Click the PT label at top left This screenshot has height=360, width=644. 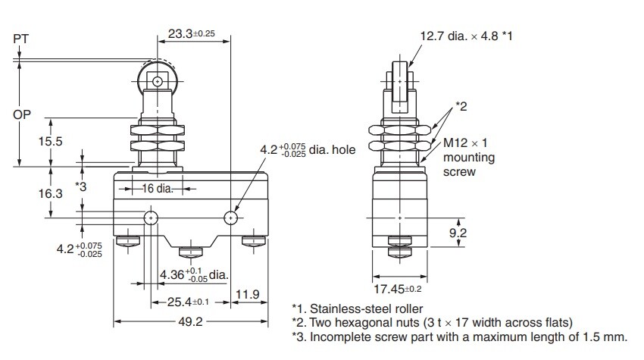(21, 39)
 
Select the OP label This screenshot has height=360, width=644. (22, 114)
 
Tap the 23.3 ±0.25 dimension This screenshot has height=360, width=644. (192, 33)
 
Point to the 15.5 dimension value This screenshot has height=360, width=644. (51, 142)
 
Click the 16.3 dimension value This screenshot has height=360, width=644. (51, 193)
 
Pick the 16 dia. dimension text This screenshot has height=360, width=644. (158, 189)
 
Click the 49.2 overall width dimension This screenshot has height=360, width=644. (191, 321)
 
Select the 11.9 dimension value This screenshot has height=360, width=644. (248, 294)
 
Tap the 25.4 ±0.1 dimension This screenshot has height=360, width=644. (188, 302)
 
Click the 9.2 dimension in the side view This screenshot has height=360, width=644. (458, 233)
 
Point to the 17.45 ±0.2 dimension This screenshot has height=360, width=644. (398, 289)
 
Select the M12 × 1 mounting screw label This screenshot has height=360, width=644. (469, 158)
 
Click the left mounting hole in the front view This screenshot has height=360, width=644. (151, 218)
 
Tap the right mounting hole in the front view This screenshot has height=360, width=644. (231, 218)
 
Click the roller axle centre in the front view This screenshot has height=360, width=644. (157, 82)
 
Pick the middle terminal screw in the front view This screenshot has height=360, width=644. (191, 252)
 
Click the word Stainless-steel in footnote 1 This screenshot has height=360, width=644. (350, 308)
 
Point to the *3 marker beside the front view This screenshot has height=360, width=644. (81, 186)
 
